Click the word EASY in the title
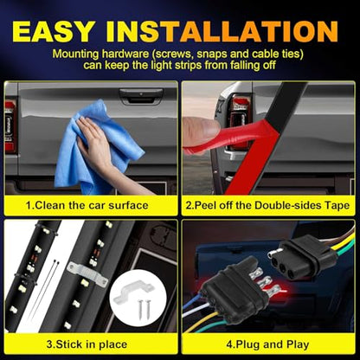coord(53,31)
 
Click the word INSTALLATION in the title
coord(222,31)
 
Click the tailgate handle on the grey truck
coord(141,96)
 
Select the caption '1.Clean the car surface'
coord(87,205)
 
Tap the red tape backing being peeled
coord(240,150)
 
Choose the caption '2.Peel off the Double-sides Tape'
coord(267,205)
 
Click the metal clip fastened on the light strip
coord(87,274)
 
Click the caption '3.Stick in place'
coord(87,344)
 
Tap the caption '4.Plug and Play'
coord(267,344)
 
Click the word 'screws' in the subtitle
coord(172,54)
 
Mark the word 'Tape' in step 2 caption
coord(337,205)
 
